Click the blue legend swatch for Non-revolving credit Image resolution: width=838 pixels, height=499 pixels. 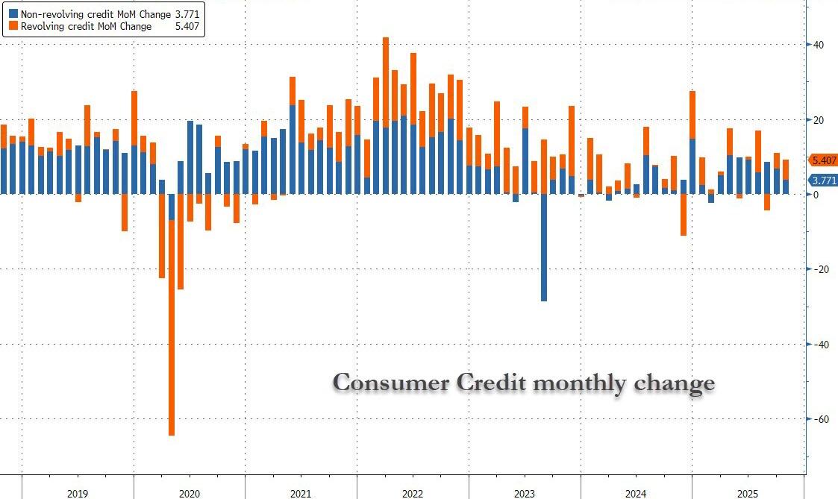pyautogui.click(x=13, y=13)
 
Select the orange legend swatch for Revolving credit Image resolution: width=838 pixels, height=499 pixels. pyautogui.click(x=13, y=26)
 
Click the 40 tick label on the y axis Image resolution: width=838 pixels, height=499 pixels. pyautogui.click(x=819, y=45)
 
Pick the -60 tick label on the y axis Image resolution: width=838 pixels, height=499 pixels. pyautogui.click(x=821, y=419)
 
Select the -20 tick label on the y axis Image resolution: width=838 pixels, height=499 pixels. pyautogui.click(x=821, y=269)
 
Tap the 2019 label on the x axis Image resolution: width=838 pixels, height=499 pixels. pyautogui.click(x=78, y=494)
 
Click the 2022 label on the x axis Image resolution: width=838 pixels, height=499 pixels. pyautogui.click(x=413, y=494)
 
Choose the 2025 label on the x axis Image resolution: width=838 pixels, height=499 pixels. pyautogui.click(x=748, y=494)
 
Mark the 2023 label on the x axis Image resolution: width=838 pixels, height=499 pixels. pyautogui.click(x=525, y=494)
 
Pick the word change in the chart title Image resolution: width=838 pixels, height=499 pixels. pyautogui.click(x=675, y=384)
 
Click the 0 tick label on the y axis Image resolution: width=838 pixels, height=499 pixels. pyautogui.click(x=817, y=195)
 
